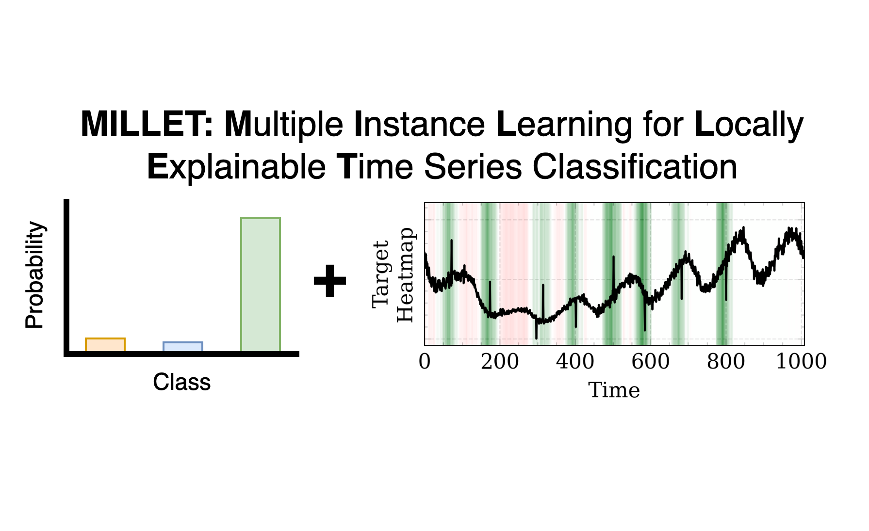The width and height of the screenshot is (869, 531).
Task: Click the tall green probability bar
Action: tap(261, 285)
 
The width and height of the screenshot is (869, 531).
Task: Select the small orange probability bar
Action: tap(105, 345)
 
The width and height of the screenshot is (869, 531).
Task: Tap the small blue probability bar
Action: tap(183, 347)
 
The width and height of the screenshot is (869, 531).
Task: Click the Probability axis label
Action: tap(35, 275)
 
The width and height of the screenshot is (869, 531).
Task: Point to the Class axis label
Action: tap(182, 382)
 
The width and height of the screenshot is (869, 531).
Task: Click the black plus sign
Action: tap(330, 280)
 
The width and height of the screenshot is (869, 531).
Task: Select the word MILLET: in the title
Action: tap(147, 124)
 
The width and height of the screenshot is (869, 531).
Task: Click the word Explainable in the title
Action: tap(236, 167)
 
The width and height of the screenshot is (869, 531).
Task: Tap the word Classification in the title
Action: tap(635, 166)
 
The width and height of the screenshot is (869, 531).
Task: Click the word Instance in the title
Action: tap(420, 124)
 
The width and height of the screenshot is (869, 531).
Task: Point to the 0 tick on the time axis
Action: tap(425, 362)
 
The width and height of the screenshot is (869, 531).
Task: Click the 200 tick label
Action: tap(500, 362)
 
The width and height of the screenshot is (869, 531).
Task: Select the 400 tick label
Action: tap(575, 362)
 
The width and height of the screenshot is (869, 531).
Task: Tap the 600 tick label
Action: tap(651, 362)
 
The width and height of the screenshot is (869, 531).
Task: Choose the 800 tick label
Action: tap(726, 362)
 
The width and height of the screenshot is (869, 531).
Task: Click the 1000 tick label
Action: tap(802, 362)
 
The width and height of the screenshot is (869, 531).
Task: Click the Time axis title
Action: tap(614, 390)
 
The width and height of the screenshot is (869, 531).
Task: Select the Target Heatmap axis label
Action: tap(393, 274)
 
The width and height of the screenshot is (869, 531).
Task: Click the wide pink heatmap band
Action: tap(514, 274)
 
